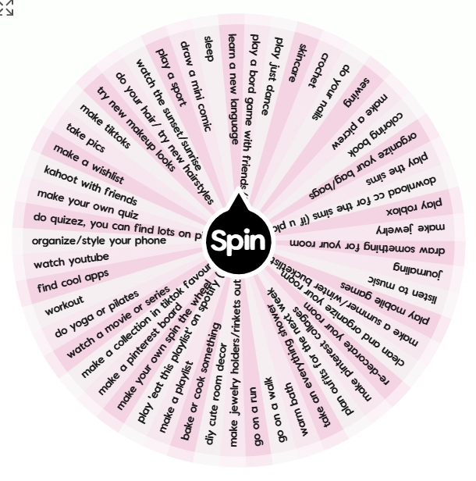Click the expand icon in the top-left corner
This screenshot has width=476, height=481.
coord(6,8)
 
